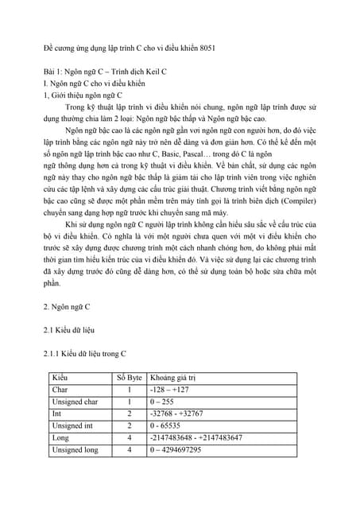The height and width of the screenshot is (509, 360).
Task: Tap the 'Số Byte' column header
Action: coord(130,376)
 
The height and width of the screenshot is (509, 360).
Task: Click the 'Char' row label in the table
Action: coord(60,390)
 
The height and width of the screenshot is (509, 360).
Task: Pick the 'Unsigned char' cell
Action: coord(75,402)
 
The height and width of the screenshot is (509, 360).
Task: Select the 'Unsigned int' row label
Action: coord(72,426)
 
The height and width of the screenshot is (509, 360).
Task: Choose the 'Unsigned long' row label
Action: coord(75,450)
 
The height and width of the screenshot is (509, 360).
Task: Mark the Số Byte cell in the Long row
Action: coord(130,438)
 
